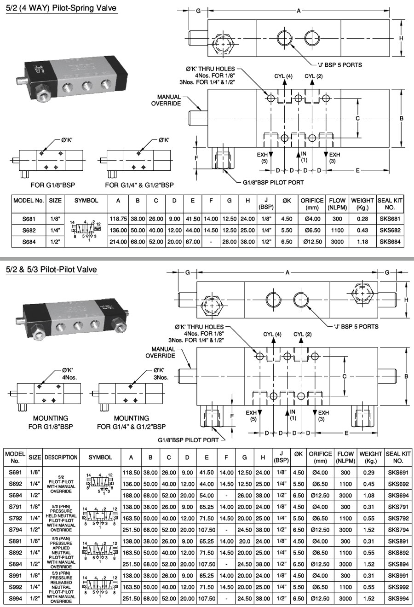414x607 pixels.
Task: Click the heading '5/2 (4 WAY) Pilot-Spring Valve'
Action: coord(61,8)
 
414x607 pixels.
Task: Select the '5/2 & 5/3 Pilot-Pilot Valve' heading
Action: coord(52,269)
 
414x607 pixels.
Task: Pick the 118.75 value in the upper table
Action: coord(118,219)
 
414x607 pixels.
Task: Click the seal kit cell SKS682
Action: coord(390,230)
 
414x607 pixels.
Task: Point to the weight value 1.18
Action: coord(362,242)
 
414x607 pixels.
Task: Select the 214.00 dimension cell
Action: coord(118,242)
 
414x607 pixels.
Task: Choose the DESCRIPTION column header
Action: coord(61,457)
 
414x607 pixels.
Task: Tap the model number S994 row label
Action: coord(15,599)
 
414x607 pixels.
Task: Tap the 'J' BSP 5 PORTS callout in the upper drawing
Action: coord(339,65)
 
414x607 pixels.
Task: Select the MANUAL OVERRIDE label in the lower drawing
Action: coord(161,353)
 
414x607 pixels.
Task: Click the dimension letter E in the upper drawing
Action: coord(357,170)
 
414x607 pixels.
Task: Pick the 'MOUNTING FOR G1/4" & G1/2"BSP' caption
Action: coord(131,422)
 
